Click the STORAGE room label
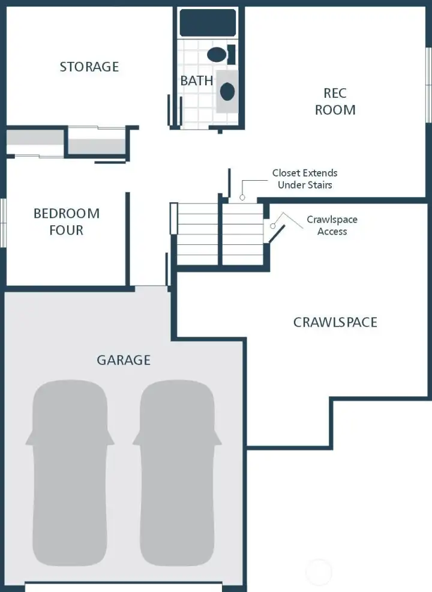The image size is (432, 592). pos(89,67)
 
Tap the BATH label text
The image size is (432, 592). pos(196,80)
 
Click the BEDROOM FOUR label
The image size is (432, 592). pos(66,222)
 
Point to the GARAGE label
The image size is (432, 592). pos(124,360)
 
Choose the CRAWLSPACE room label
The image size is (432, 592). pos(335,322)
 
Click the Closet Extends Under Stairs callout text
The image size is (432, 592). pos(305,179)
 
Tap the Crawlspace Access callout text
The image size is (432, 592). pos(332,225)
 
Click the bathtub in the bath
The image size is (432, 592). pos(208,23)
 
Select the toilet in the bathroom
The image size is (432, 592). pos(219,55)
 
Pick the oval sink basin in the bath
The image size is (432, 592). pos(227,92)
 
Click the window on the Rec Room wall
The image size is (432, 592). pos(428,84)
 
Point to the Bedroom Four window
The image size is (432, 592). pos(3,222)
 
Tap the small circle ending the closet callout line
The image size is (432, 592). pos(243,197)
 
